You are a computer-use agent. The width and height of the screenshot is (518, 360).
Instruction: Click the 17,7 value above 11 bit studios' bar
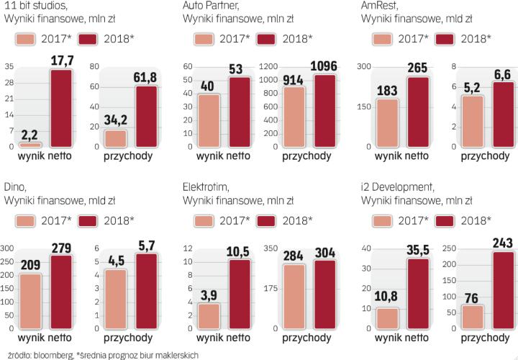(x=60, y=60)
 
